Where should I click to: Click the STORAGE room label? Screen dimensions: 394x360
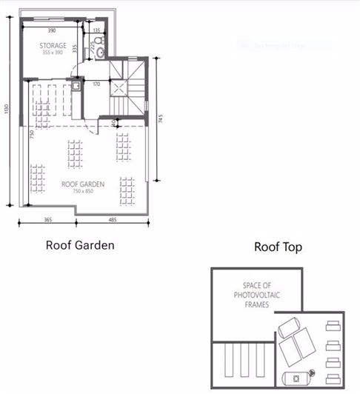click(x=53, y=46)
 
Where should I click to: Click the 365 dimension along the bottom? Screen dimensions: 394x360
click(x=47, y=220)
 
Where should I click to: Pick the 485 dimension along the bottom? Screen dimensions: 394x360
click(x=112, y=220)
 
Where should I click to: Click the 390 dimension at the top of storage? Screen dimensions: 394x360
click(x=51, y=31)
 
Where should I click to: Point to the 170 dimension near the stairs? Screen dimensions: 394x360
click(x=96, y=84)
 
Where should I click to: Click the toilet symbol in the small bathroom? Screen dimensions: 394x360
click(x=99, y=42)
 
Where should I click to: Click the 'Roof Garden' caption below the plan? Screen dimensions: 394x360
click(x=80, y=244)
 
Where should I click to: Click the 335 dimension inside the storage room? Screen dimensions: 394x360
click(x=76, y=48)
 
